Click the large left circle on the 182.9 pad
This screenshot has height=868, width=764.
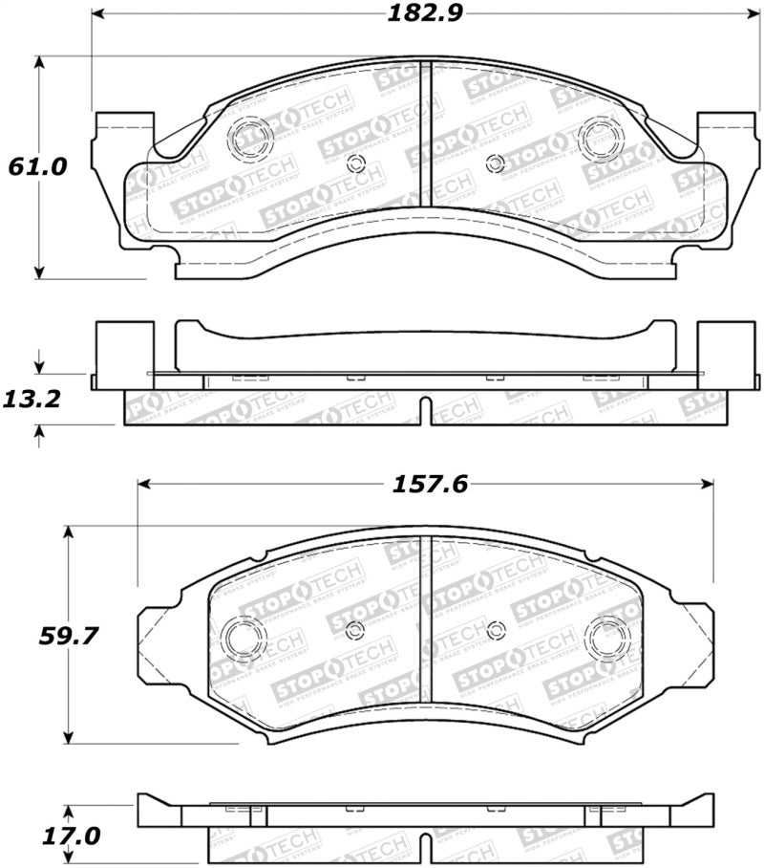coord(250,138)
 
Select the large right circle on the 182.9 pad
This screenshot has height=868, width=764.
coord(601,138)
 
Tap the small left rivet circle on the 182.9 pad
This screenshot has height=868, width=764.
coord(355,163)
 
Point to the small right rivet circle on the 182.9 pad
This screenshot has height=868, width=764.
coord(494,163)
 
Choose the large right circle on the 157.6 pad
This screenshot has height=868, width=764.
coord(608,637)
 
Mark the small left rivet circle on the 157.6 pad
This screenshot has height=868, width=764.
coord(355,629)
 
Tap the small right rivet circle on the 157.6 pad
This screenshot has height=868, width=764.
coord(495,629)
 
